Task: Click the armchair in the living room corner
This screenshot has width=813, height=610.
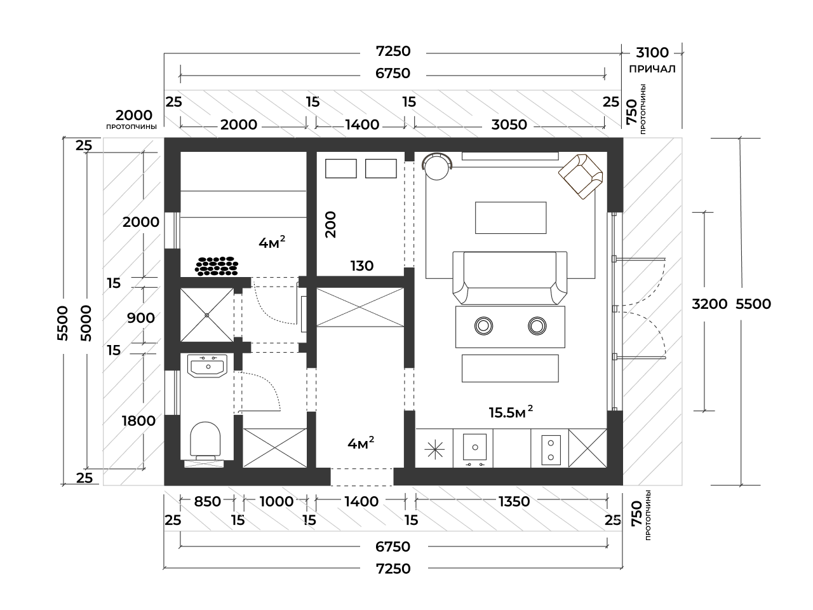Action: click(580, 176)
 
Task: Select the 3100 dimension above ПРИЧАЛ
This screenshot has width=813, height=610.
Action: click(652, 52)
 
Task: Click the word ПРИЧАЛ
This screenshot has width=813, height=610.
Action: click(652, 69)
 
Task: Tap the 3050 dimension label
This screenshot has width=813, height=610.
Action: click(509, 125)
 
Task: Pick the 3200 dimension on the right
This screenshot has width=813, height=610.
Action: click(709, 304)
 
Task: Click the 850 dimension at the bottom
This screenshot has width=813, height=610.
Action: click(207, 501)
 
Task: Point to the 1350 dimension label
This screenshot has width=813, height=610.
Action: click(514, 501)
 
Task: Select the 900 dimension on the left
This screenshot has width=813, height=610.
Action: click(141, 318)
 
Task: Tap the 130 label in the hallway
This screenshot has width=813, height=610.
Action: click(362, 266)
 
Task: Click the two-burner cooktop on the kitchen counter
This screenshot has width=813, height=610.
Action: click(550, 449)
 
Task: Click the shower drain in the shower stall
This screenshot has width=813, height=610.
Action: click(207, 315)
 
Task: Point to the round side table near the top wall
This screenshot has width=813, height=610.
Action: click(437, 167)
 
